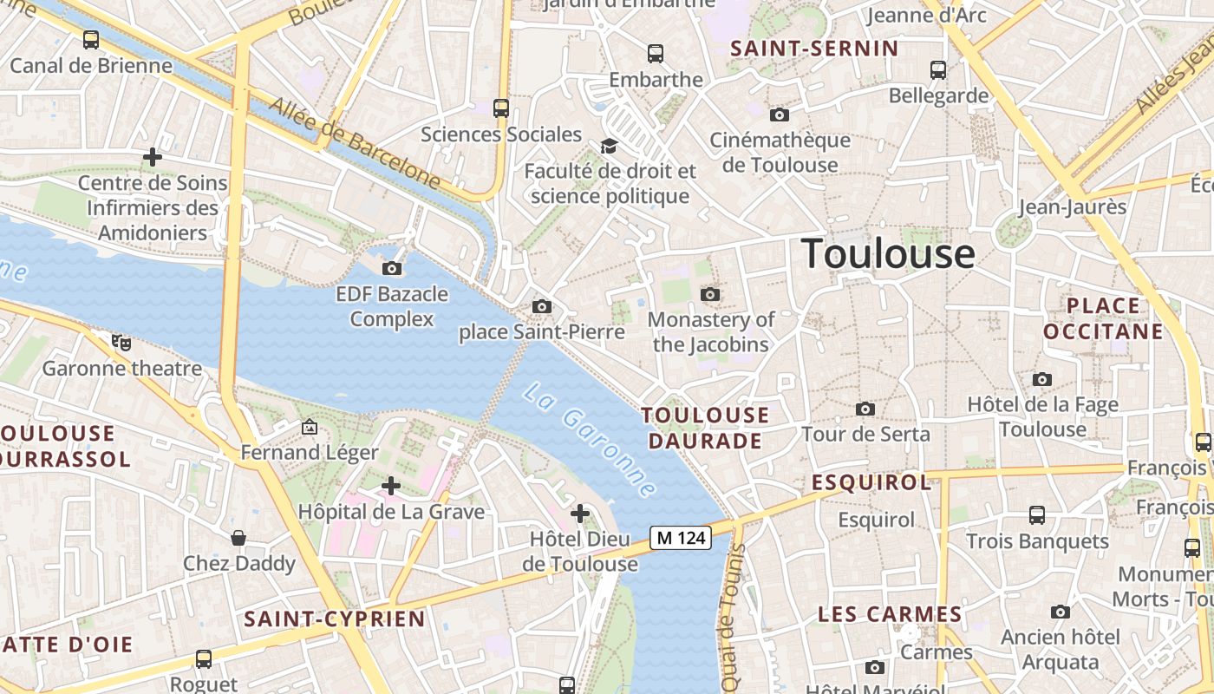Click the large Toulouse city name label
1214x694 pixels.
click(888, 253)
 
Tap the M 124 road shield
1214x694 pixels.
click(682, 538)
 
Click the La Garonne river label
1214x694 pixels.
click(589, 440)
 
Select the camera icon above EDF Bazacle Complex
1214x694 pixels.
click(392, 268)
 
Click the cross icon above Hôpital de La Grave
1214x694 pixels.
click(391, 486)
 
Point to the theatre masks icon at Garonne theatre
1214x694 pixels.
click(121, 343)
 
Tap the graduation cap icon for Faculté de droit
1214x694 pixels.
click(610, 146)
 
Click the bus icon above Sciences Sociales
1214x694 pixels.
click(501, 108)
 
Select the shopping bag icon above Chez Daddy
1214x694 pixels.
click(238, 538)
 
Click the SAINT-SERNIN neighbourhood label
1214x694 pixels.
click(814, 49)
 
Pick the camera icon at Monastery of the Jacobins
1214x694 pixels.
click(710, 295)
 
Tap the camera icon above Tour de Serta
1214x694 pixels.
click(865, 409)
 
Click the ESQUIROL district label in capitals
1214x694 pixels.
click(871, 482)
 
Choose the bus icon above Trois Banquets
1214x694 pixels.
click(1036, 515)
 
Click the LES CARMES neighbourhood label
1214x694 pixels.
click(890, 614)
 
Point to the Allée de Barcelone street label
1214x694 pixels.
click(355, 142)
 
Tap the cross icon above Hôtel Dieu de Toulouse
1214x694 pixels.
click(580, 514)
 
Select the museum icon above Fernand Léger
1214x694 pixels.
click(309, 427)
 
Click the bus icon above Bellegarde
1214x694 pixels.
click(937, 70)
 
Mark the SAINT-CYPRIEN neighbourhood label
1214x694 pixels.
click(335, 619)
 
